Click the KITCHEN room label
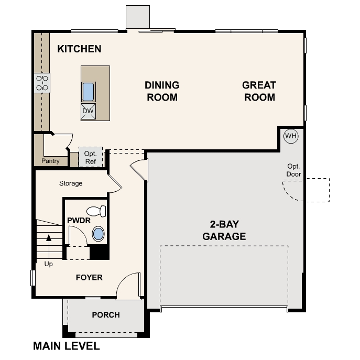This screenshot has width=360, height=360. point(79,49)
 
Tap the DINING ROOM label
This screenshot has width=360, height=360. point(162,91)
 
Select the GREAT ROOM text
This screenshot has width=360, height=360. point(259,91)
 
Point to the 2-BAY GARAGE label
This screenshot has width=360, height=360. point(224,230)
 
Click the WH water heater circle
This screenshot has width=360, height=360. point(290,136)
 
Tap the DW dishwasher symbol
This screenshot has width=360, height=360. point(88,111)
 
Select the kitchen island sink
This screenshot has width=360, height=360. point(88,92)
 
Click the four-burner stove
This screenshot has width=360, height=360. point(42,83)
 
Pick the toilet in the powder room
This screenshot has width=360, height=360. point(96,212)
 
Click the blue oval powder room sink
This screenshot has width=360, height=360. point(98,234)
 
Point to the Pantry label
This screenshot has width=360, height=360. point(51,161)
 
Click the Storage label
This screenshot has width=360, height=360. point(71,183)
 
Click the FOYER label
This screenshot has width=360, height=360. point(89,277)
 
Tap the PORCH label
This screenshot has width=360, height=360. point(106,315)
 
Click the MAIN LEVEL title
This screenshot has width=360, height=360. point(66,346)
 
